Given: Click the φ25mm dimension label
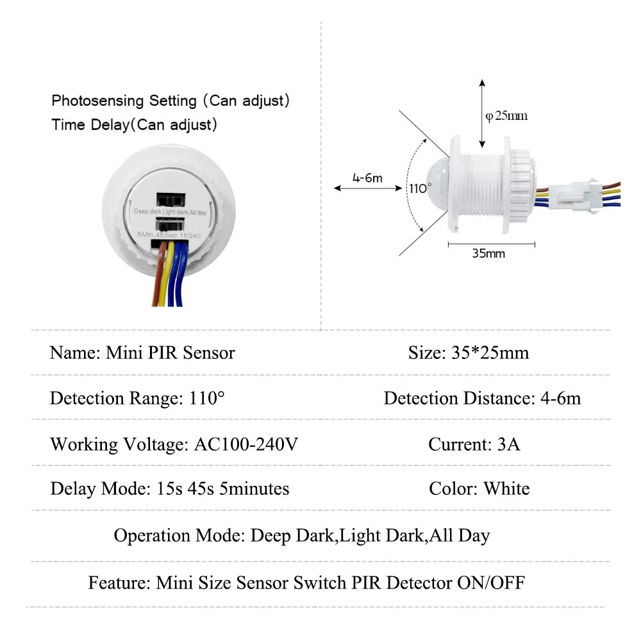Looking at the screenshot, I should pos(506,116).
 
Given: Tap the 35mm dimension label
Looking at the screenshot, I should pos(488,253).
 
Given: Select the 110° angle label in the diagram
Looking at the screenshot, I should pos(420,188).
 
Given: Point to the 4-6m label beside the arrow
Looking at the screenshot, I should pos(367,178).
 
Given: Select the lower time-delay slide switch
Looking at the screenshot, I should pos(169,226).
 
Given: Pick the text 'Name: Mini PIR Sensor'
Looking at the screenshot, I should pos(142,353).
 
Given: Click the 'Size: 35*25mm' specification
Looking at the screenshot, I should pos(469,353).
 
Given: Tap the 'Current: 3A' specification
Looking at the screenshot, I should pos(474,444).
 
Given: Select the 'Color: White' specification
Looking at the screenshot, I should pos(479,489).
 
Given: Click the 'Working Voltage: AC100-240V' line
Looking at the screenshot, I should pos(174,444).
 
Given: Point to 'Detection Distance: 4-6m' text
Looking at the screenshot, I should pos(482,399).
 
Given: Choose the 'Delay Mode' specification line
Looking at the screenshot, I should pos(170,489).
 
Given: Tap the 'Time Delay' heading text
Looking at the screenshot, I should pos(90,124).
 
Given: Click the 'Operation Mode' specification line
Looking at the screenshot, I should pos(302,535).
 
